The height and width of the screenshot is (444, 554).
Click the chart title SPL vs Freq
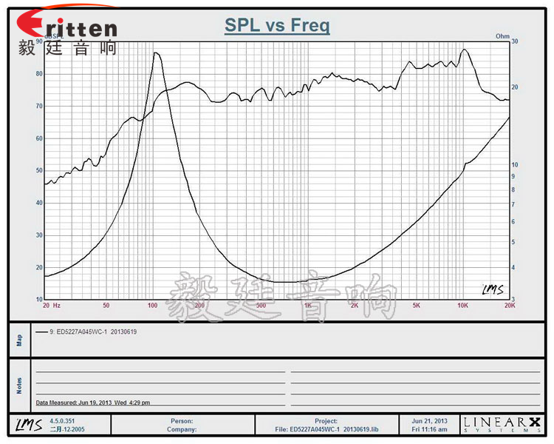point(277,27)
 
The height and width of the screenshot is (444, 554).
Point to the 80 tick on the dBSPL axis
point(38,74)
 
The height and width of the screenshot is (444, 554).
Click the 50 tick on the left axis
point(38,170)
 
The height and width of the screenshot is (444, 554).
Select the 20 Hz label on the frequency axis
point(51,305)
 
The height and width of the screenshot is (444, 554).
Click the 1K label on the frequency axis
point(307,305)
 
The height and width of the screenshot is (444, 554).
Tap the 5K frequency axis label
point(417,305)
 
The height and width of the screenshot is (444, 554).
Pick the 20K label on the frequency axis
point(508,305)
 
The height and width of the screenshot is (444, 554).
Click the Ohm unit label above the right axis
point(502,36)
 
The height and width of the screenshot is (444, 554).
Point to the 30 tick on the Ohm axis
point(515,42)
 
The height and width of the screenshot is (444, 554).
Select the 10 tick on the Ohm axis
point(515,164)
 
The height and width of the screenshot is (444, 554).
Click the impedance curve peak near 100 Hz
point(156,53)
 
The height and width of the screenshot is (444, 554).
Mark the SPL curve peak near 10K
point(464,50)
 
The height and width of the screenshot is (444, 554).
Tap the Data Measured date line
point(92,403)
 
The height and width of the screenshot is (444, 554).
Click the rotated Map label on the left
point(20,340)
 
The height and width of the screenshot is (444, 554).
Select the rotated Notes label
point(20,386)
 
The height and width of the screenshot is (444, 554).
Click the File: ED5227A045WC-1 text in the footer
point(325,428)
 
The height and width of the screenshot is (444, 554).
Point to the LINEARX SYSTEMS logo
point(502,424)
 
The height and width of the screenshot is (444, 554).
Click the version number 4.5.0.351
point(63,420)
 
